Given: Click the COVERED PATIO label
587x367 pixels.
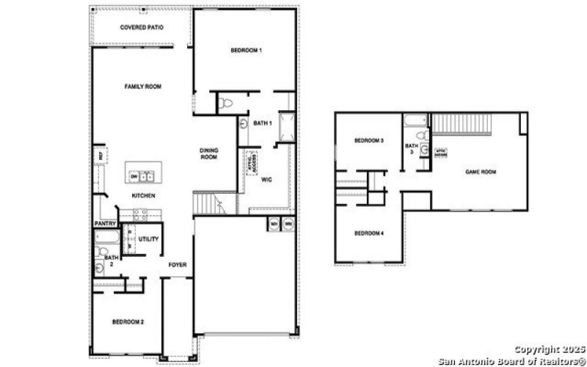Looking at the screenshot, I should [x=142, y=28].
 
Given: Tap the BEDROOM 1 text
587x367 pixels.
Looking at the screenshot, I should [x=246, y=50].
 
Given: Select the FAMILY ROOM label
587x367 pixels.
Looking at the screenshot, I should [x=142, y=87].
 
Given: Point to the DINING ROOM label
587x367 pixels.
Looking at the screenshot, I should [x=209, y=153].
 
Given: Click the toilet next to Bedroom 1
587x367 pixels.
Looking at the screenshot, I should [x=226, y=103].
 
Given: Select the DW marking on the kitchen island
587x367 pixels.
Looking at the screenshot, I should [x=134, y=176].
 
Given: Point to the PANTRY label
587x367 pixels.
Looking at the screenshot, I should [x=106, y=224].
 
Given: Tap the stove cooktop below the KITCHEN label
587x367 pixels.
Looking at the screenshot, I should [x=139, y=214].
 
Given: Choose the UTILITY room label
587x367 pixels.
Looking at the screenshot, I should [x=148, y=239].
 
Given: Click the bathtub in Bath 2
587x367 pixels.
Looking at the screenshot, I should [x=101, y=238].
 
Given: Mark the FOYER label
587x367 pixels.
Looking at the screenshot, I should [x=177, y=264].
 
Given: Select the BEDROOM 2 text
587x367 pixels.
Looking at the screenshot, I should [x=127, y=322].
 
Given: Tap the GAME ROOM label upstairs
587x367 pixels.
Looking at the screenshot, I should [x=481, y=172].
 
